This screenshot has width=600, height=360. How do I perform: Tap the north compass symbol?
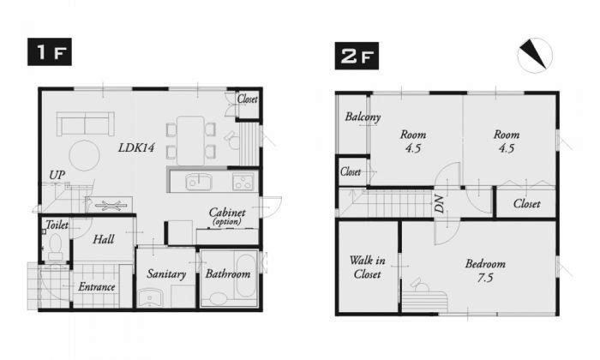click(534, 55)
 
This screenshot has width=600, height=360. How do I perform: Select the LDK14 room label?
click(135, 147)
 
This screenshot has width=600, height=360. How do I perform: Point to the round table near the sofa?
click(84, 156)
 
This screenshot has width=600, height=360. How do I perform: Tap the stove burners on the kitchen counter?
click(242, 181)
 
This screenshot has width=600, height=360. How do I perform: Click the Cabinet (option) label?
click(227, 216)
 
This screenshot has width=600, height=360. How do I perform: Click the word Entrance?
click(97, 286)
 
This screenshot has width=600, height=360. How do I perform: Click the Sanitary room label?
click(165, 274)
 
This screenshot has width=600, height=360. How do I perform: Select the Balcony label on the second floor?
click(363, 117)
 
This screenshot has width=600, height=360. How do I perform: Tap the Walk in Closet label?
click(367, 267)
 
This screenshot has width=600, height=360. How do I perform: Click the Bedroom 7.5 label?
click(485, 270)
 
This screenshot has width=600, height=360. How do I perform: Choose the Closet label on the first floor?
click(248, 98)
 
